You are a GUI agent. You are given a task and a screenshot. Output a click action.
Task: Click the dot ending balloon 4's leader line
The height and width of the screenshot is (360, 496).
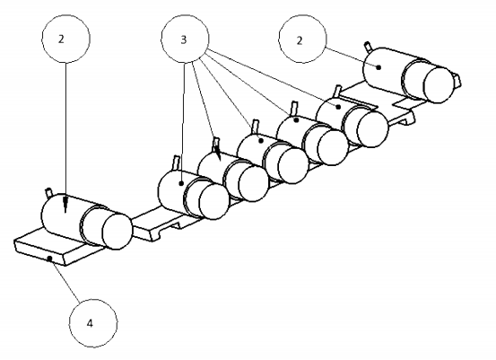(49, 259)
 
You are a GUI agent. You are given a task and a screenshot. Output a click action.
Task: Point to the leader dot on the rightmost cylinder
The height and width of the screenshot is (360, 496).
(379, 67)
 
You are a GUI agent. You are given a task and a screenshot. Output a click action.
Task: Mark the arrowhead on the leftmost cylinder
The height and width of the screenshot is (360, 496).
(65, 206)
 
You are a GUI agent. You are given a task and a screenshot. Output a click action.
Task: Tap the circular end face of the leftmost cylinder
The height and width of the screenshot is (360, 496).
(117, 231)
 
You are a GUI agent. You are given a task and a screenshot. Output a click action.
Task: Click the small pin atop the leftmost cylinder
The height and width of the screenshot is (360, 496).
(49, 192)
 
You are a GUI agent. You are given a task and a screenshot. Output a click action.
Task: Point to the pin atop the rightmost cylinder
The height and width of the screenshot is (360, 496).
(368, 46)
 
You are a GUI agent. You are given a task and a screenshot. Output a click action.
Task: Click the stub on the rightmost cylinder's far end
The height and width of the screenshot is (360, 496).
(457, 80)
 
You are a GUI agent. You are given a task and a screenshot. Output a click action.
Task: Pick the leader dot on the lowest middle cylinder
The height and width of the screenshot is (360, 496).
(181, 183)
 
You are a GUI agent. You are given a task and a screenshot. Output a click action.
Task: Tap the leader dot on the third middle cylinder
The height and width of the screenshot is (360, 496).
(261, 141)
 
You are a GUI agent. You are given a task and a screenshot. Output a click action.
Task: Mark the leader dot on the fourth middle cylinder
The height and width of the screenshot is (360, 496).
(296, 120)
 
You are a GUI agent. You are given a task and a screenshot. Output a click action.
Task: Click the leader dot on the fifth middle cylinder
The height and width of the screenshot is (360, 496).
(338, 107)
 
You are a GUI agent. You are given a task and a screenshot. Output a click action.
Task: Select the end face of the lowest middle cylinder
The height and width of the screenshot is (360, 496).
(214, 201)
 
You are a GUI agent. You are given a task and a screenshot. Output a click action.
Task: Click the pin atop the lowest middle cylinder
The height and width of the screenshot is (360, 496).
(177, 162)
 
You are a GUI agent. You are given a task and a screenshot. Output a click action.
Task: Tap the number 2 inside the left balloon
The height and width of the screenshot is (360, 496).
(61, 39)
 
